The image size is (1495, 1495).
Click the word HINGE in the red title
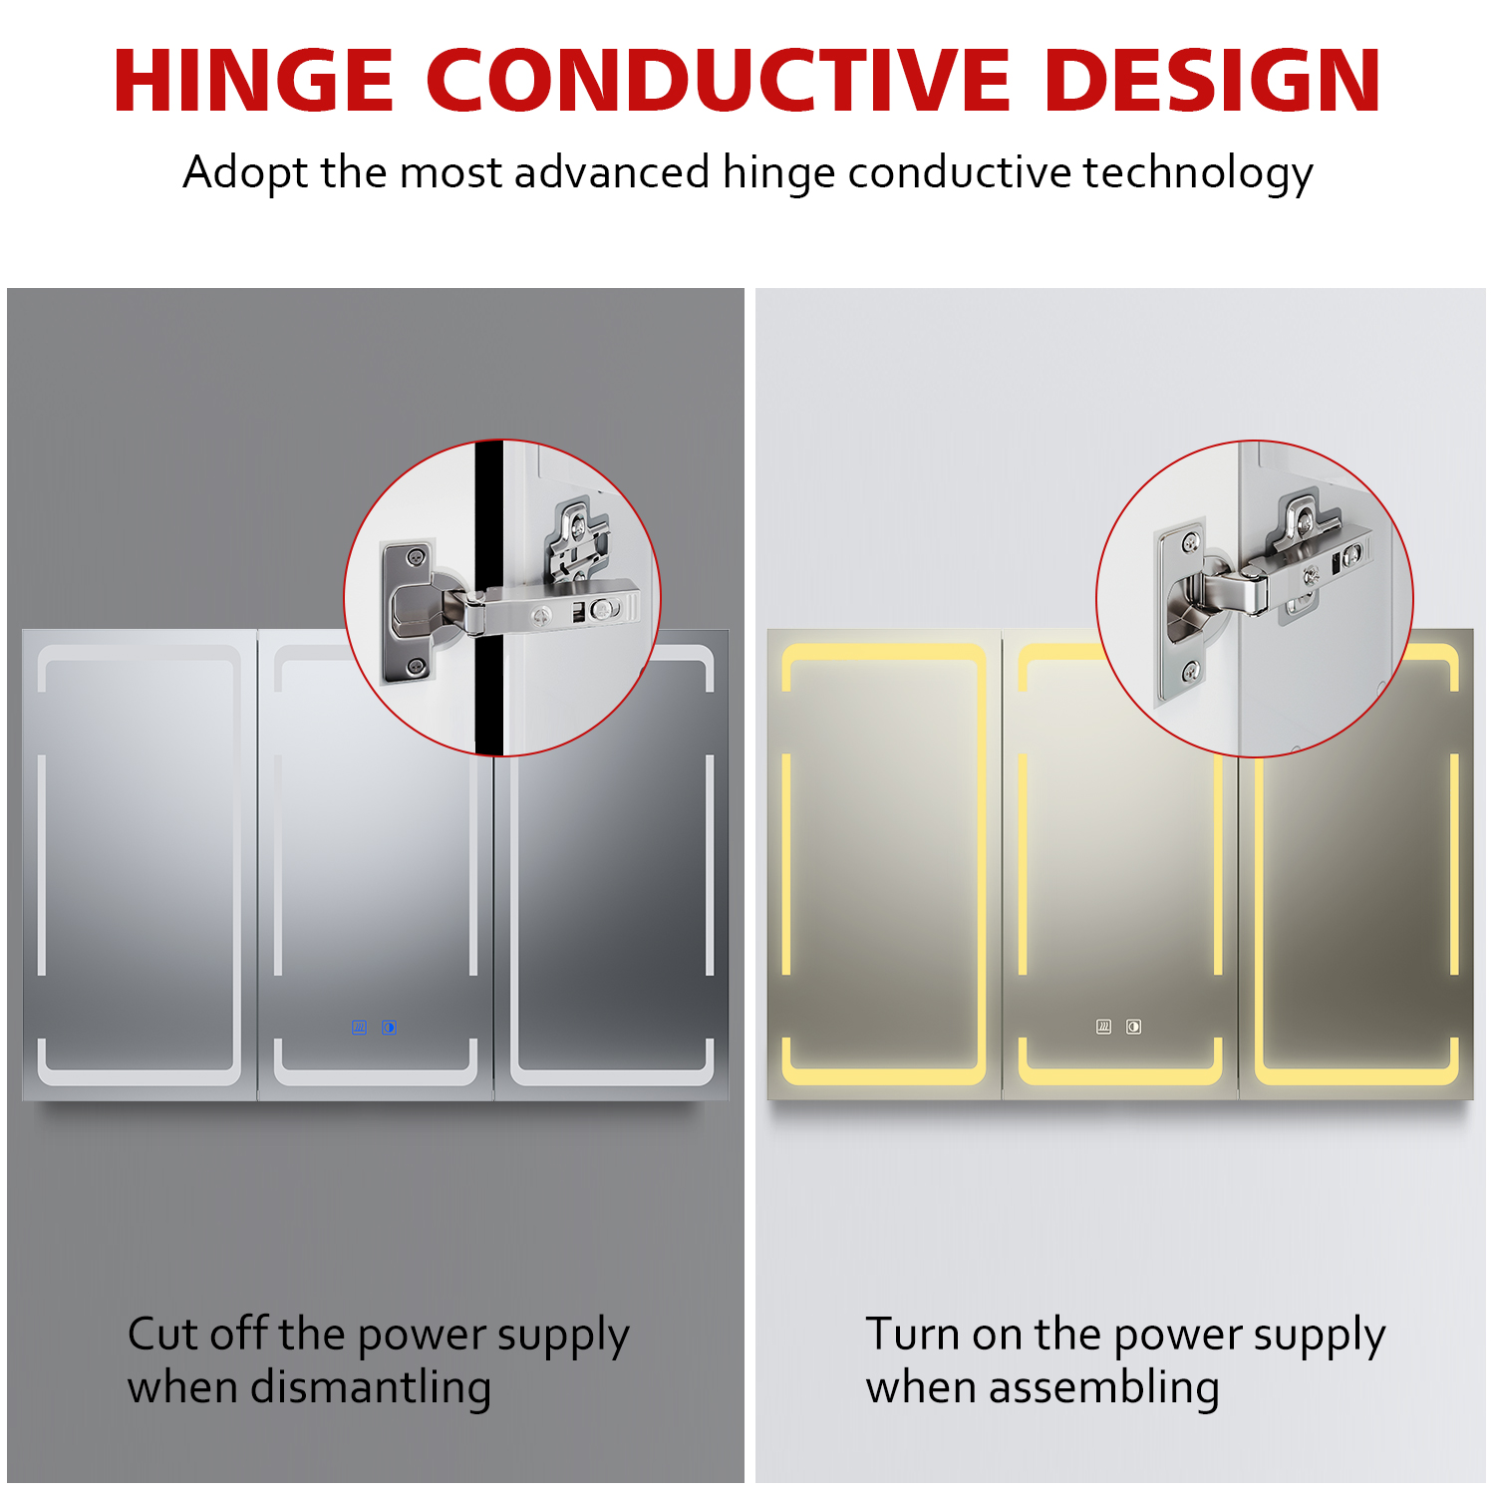(x=254, y=81)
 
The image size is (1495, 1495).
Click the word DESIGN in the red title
(x=1213, y=81)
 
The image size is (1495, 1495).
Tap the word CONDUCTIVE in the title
(x=719, y=81)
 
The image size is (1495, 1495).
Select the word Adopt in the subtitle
(x=245, y=173)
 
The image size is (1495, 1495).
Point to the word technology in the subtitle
(x=1198, y=173)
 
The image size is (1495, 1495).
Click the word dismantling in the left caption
(x=371, y=1387)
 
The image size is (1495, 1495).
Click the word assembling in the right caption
(x=1104, y=1387)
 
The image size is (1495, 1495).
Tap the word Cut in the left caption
(x=161, y=1334)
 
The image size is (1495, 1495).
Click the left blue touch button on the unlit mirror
(x=359, y=1028)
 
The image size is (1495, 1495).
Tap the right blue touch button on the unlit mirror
(x=389, y=1028)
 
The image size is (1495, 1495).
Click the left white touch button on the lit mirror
(x=1103, y=1027)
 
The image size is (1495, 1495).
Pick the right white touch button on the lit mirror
(x=1133, y=1027)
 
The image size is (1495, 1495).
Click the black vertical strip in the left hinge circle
(x=488, y=598)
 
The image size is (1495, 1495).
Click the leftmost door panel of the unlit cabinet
(x=140, y=865)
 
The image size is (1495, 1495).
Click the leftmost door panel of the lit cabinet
(x=884, y=865)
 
